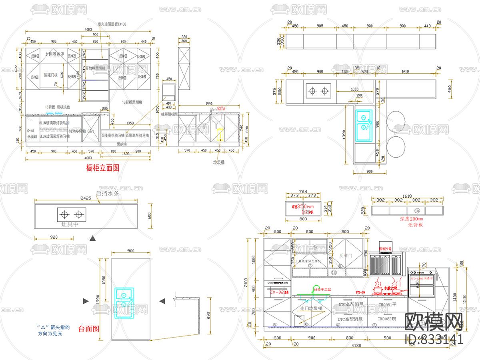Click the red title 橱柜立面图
[103, 168]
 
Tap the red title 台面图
[88, 329]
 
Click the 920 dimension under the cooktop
[54, 237]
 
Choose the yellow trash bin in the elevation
[220, 134]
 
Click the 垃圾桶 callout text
[219, 163]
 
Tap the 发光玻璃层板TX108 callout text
[112, 24]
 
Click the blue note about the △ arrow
[50, 330]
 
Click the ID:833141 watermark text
[434, 340]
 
